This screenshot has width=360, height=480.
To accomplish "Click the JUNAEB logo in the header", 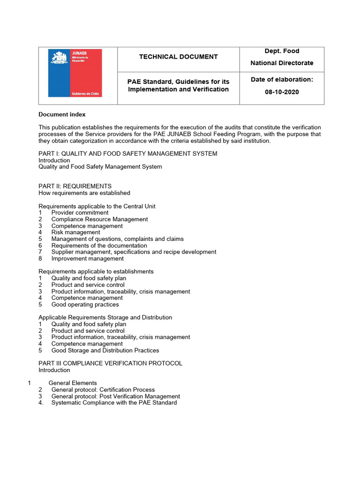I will (75, 73).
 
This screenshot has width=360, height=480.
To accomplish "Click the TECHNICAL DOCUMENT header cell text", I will (178, 57).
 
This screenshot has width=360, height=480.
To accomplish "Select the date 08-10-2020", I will (282, 92).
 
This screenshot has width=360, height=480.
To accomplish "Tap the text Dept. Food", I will (282, 51).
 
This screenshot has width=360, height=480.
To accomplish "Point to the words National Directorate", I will (282, 63).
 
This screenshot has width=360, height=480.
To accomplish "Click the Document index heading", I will (62, 114).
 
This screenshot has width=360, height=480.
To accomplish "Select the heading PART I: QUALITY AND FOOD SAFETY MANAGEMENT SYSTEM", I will (127, 154).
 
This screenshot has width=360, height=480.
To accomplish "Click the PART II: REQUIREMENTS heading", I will (75, 186).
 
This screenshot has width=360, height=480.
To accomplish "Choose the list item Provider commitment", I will (80, 212).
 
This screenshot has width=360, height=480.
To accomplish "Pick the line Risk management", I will (75, 232).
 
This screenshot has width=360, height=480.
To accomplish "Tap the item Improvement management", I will (87, 258).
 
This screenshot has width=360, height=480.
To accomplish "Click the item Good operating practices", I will (85, 304).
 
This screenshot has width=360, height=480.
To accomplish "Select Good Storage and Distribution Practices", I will (105, 350).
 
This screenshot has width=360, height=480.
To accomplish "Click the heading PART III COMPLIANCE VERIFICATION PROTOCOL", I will (110, 363).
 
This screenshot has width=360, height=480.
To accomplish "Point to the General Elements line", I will (73, 383).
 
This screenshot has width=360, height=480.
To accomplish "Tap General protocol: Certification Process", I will (103, 390).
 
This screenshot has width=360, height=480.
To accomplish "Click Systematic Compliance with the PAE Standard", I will (114, 403).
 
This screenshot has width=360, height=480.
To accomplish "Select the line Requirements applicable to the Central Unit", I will (97, 206).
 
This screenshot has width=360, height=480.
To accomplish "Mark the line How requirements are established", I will (84, 193).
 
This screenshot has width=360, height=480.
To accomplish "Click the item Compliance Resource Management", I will (99, 219).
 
